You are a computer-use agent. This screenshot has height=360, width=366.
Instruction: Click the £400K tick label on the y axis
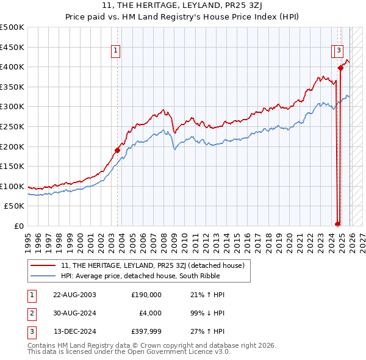[x=12, y=67]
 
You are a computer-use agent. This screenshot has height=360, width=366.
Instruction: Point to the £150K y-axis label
[x=12, y=166]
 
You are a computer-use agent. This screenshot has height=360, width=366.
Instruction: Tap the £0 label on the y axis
[x=18, y=226]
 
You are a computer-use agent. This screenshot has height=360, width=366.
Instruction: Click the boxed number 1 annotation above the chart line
[x=115, y=51]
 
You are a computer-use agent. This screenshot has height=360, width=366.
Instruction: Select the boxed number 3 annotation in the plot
[x=339, y=51]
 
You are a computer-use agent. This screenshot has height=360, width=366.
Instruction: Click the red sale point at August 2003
[x=117, y=150]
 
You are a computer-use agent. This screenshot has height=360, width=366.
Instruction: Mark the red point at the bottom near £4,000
[x=337, y=224]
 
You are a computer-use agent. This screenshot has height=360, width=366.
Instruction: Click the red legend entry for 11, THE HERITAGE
[x=152, y=265]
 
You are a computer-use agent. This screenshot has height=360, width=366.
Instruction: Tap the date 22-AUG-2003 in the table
[x=74, y=295]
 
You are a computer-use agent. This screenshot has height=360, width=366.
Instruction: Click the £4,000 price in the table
[x=150, y=314]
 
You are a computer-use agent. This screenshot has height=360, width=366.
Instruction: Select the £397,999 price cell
[x=146, y=333]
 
